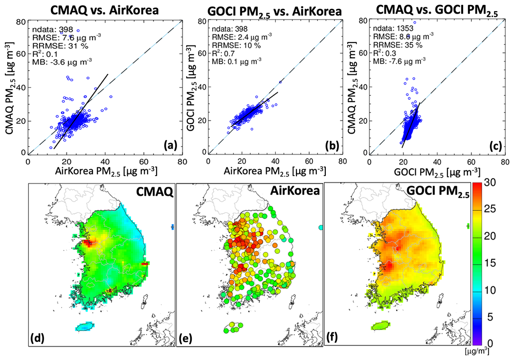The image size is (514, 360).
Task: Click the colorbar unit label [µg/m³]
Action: click(x=477, y=351)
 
